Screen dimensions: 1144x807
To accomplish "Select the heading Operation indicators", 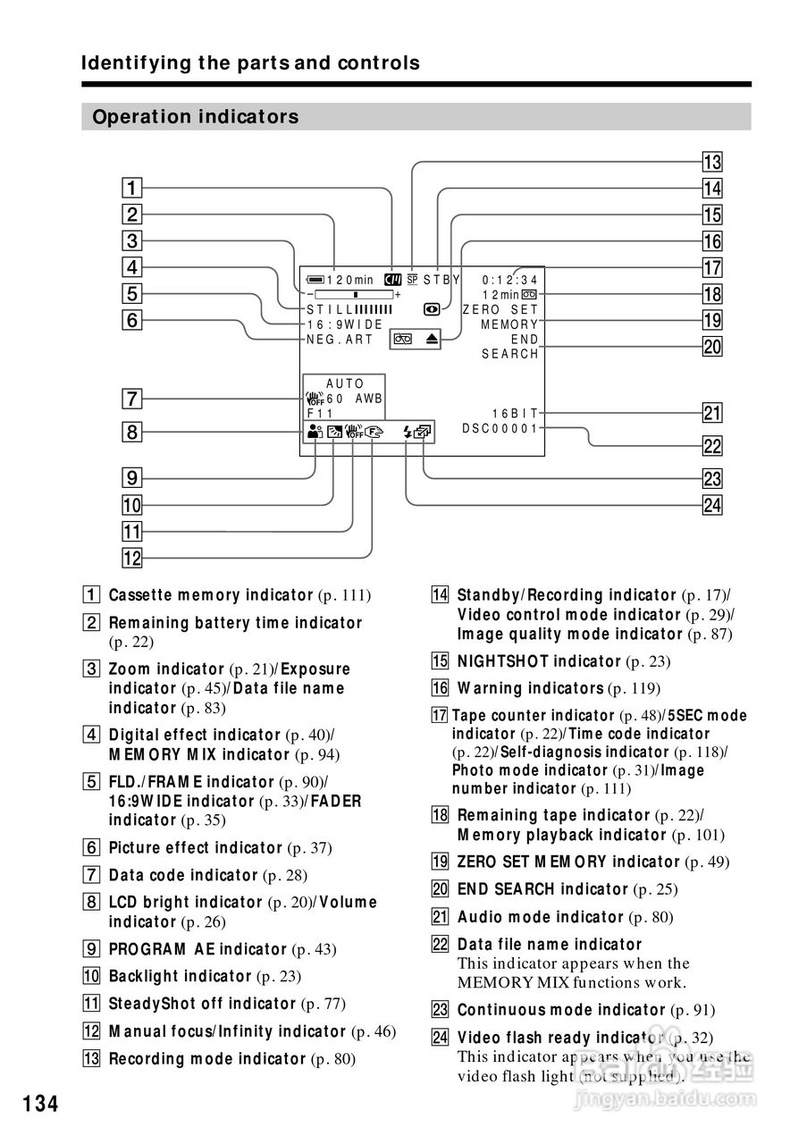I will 196,117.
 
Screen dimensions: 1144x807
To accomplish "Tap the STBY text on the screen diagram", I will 441,279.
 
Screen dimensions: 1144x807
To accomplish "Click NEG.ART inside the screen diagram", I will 340,340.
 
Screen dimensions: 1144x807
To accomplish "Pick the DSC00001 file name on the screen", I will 500,429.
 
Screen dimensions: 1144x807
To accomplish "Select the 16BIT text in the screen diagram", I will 516,414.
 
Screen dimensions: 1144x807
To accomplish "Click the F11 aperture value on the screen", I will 320,415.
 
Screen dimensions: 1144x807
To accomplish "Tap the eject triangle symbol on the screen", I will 432,340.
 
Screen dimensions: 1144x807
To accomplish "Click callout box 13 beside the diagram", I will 711,163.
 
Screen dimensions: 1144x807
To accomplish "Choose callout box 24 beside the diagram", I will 711,506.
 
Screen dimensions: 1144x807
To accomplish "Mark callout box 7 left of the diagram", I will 131,398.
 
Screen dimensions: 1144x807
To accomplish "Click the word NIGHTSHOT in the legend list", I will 502,661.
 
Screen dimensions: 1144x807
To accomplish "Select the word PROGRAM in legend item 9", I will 144,949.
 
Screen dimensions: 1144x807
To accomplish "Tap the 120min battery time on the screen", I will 350,280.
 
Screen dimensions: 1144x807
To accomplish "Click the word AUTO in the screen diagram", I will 345,384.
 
